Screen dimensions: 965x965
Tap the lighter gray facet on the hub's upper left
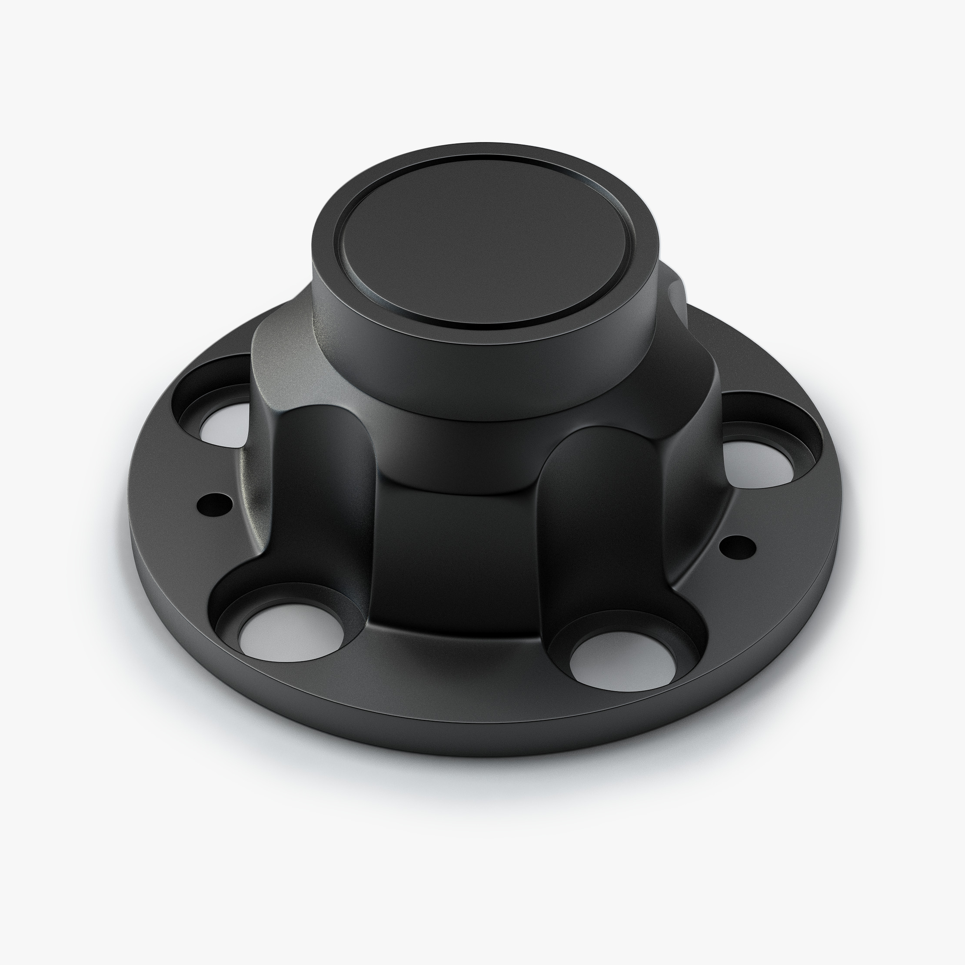(285, 359)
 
